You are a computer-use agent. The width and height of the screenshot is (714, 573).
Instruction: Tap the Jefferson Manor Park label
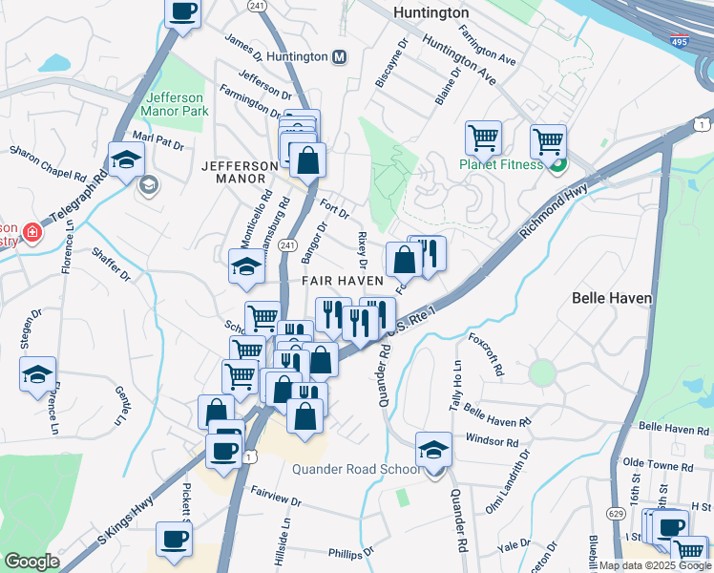click(175, 104)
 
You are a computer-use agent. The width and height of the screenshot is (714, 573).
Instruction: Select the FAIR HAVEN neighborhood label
click(343, 281)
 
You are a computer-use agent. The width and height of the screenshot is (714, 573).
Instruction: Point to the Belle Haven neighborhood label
click(611, 298)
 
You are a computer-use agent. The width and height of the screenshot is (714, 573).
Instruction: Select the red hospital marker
click(31, 232)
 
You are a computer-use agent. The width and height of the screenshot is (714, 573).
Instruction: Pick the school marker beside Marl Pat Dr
click(126, 159)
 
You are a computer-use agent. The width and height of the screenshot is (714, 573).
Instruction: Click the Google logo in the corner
click(31, 562)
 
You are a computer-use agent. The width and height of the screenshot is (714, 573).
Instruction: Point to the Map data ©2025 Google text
click(654, 565)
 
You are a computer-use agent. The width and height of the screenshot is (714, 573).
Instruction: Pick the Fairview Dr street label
click(276, 499)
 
